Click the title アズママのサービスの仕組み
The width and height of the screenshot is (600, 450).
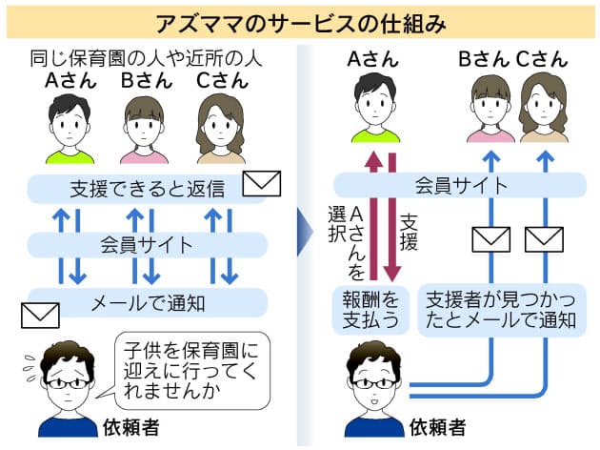[300, 19]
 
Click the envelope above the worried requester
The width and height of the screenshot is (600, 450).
[40, 313]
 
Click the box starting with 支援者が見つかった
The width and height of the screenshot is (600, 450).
[500, 307]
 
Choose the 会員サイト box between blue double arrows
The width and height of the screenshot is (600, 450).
[147, 245]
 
